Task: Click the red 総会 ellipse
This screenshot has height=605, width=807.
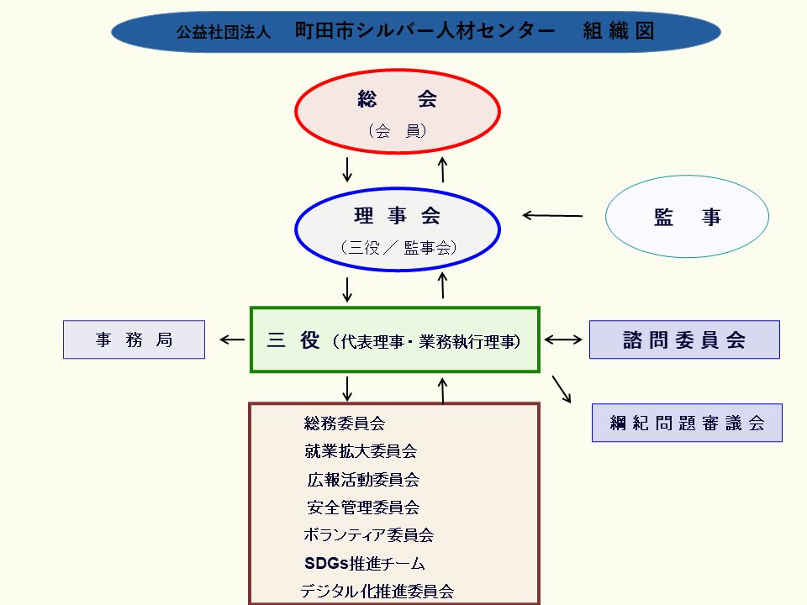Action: point(398,113)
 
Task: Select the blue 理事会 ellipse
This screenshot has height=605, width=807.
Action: point(398,229)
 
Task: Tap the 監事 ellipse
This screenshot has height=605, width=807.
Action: point(687,217)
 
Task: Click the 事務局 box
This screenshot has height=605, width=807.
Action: point(134,340)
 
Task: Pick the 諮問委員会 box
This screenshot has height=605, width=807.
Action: point(684,339)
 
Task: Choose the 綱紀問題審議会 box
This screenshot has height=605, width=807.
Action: point(687,423)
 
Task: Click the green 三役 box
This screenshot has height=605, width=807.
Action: point(395,340)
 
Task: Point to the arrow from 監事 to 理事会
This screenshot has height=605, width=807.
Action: point(552,216)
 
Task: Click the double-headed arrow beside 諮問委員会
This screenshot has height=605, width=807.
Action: point(563,340)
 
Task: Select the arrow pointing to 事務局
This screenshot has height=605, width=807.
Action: point(232,340)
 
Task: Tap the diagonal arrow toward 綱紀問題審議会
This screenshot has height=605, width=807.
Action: point(562,388)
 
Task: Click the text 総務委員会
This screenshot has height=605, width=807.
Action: point(345,423)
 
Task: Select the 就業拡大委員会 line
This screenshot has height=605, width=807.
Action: point(361,451)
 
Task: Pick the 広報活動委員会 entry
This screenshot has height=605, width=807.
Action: point(363,480)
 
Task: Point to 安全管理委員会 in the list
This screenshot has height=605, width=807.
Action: point(363,508)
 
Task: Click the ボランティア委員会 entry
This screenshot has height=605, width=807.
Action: point(368,535)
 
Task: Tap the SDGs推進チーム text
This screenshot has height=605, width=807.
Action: point(364,563)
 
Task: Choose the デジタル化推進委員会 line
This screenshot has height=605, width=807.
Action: point(377,591)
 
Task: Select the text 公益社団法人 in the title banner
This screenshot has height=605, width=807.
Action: point(223,33)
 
